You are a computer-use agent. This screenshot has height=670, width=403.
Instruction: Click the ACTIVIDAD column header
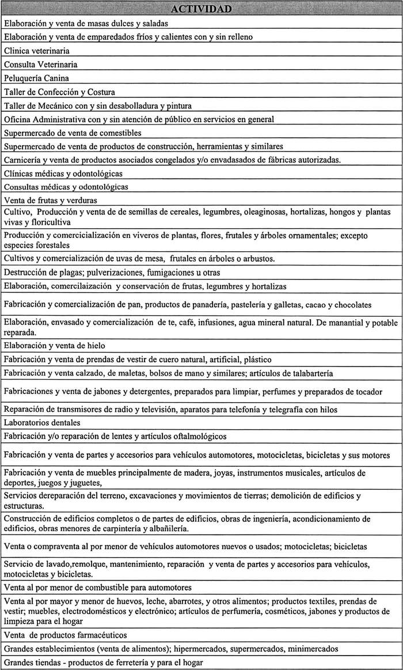tap(201, 9)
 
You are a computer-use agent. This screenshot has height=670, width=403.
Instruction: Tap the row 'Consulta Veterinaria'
tap(40, 65)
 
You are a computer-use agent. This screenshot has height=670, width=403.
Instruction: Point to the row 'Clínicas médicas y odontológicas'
tap(63, 173)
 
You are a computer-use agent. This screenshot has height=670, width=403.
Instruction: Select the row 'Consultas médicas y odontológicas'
tap(66, 187)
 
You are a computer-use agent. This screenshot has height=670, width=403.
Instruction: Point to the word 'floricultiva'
tap(50, 222)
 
